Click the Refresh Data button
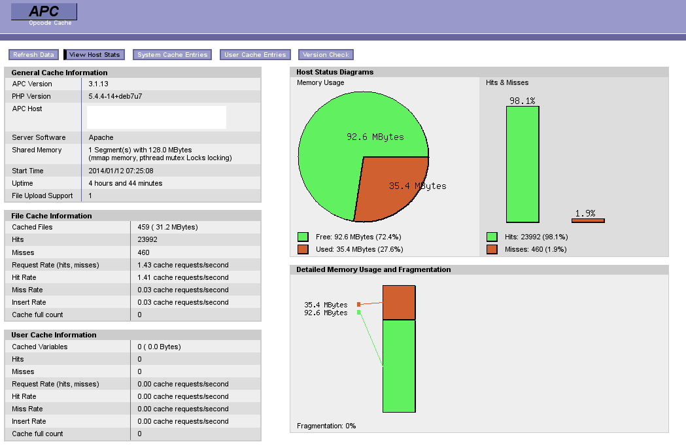click(x=33, y=55)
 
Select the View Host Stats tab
click(x=94, y=55)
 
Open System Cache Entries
click(x=172, y=55)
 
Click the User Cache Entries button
click(x=255, y=55)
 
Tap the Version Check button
click(x=326, y=55)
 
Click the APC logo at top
click(x=44, y=12)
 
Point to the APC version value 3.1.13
click(x=98, y=84)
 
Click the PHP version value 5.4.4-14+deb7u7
click(x=115, y=96)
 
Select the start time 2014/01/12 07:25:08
click(x=121, y=171)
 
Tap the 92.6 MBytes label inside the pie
click(x=375, y=137)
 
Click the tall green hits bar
click(x=523, y=164)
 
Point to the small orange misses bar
click(x=588, y=220)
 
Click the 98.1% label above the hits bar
click(x=523, y=101)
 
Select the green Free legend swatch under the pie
click(x=303, y=237)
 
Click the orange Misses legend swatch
click(x=492, y=249)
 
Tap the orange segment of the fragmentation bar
click(x=399, y=302)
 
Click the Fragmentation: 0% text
click(x=326, y=426)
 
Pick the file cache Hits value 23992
click(x=148, y=239)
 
